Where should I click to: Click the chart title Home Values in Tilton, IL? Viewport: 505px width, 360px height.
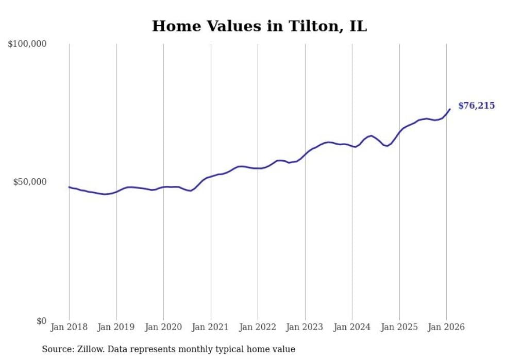[259, 26]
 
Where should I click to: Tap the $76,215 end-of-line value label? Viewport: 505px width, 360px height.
[476, 106]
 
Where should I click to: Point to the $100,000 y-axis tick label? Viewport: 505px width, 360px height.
[27, 44]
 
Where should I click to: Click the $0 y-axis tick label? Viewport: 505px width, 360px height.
[41, 321]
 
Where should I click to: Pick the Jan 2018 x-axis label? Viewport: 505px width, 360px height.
[69, 327]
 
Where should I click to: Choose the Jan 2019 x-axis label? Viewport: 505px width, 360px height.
[116, 327]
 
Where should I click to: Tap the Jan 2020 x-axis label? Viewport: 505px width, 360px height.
[163, 327]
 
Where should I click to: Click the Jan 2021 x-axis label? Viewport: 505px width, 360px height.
[211, 327]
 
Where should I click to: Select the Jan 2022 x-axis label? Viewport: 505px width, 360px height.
[258, 327]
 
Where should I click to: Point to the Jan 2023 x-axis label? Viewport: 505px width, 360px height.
[305, 327]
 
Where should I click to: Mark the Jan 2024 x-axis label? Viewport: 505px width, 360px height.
[352, 327]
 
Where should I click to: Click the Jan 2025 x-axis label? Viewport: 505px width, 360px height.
[399, 327]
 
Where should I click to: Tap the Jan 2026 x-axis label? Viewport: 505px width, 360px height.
[446, 327]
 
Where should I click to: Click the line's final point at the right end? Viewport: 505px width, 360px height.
[450, 109]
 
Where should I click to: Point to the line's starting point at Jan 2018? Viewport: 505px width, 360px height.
[69, 187]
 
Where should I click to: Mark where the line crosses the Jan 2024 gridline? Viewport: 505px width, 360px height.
[352, 146]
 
